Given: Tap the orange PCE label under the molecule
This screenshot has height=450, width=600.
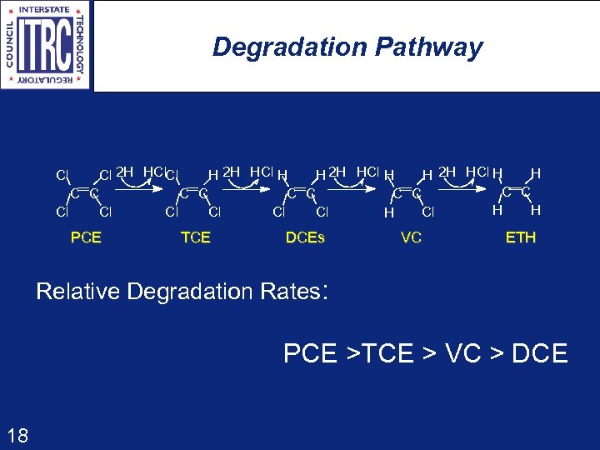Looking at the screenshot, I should pos(86,237).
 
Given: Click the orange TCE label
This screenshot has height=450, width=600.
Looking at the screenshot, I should pos(196,237).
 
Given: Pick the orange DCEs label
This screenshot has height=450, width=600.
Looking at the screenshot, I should pos(305,237).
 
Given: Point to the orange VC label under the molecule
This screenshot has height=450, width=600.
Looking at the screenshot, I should pos(411,237).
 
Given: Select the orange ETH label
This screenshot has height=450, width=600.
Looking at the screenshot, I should pos(521,237).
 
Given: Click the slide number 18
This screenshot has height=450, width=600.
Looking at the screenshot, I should pos(17,434).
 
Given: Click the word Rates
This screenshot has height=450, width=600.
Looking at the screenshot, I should pos(289,292).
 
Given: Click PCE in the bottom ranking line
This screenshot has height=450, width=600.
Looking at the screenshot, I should pos(311,353).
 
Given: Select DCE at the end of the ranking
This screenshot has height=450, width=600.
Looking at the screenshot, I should pos(539,353).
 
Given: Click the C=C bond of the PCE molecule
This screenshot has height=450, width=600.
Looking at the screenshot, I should pos(84,193).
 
